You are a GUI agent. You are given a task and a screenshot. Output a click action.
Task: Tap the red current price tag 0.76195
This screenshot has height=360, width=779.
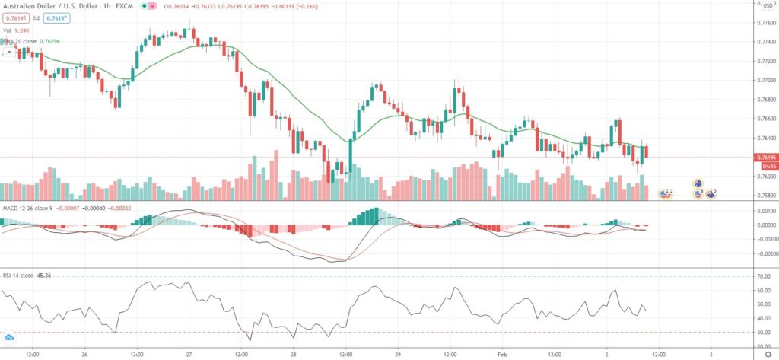(x=765, y=158)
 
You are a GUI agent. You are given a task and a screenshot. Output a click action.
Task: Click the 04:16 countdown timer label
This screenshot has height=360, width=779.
(x=765, y=166)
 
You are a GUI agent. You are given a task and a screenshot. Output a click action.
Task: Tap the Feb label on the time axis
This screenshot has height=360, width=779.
(x=501, y=353)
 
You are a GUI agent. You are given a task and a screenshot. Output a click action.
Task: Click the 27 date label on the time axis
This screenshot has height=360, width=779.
(x=188, y=353)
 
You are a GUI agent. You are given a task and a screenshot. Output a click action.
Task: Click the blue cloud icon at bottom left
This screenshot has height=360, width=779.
(x=10, y=337)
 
